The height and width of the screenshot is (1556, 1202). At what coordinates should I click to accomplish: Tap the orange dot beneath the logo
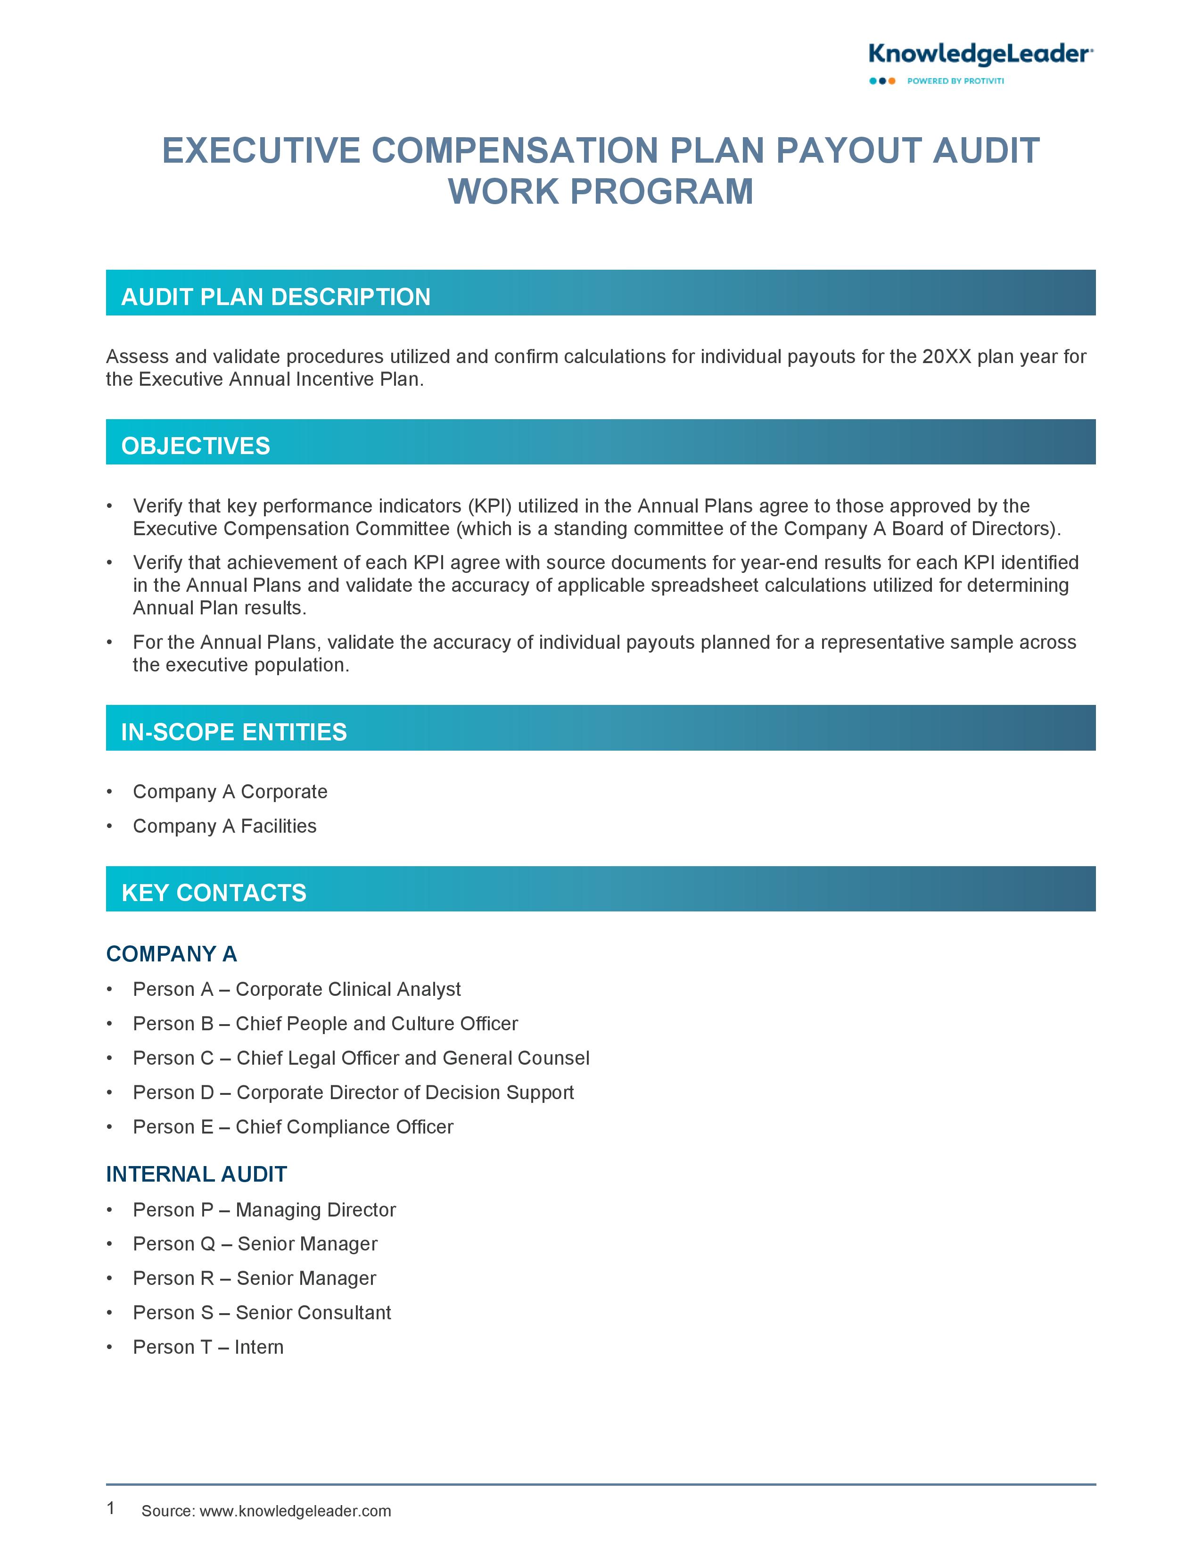892,81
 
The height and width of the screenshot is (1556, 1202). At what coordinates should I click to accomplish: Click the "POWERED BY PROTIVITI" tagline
955,81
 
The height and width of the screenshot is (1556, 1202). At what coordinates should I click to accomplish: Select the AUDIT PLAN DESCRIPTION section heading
276,297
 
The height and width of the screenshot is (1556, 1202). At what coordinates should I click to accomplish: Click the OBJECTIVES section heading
196,446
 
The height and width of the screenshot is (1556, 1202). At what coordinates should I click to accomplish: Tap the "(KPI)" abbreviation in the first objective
490,506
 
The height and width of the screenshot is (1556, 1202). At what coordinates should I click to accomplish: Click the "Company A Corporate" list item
230,792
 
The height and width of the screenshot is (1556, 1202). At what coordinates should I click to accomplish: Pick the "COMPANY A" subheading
172,954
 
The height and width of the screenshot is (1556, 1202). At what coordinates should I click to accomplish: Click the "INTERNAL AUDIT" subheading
197,1174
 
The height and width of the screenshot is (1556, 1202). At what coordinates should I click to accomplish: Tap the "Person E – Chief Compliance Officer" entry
293,1126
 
